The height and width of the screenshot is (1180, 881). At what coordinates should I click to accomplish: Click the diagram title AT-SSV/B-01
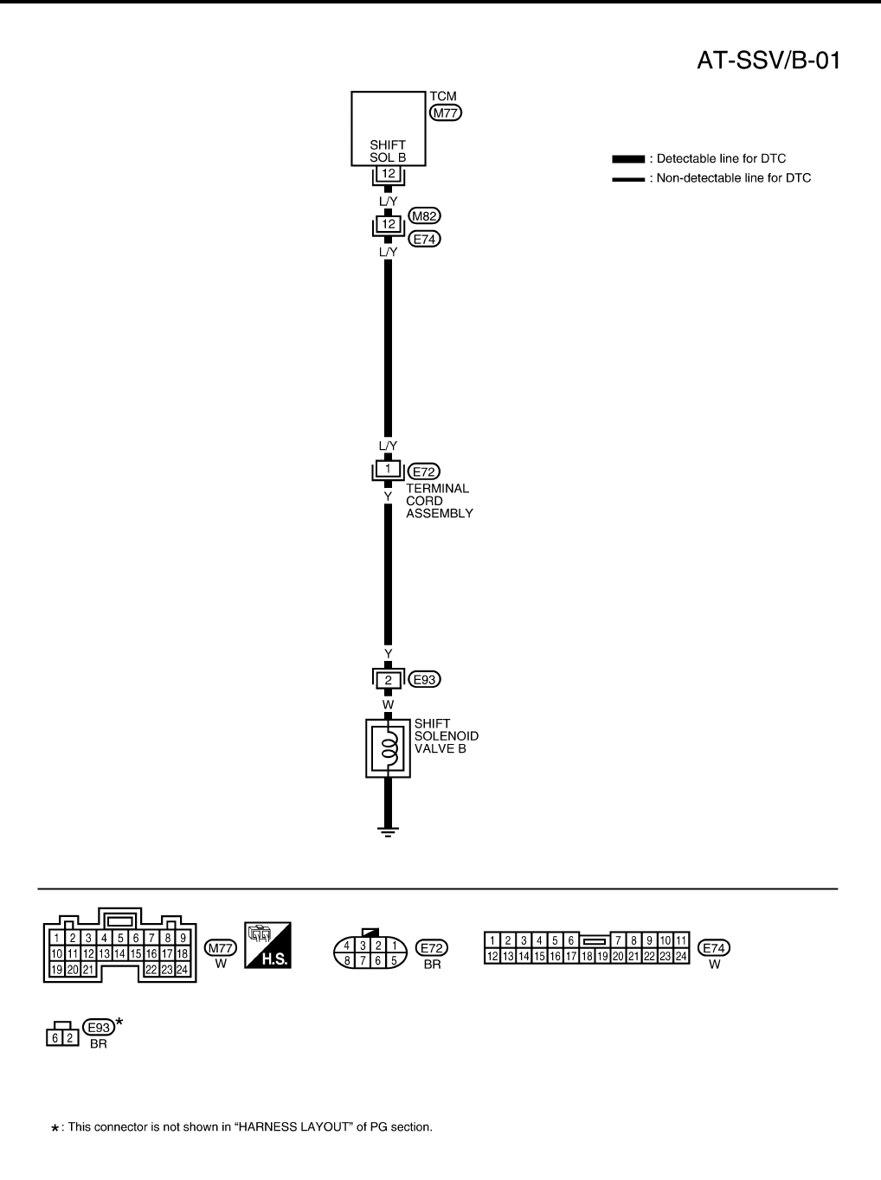coord(768,61)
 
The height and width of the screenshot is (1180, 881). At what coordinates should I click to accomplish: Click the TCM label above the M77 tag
coord(442,96)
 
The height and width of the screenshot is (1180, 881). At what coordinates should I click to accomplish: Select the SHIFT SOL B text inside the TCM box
coord(388,151)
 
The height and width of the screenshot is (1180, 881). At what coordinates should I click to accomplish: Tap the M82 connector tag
coord(424,216)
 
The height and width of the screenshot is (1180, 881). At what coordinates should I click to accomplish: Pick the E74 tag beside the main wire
coord(424,239)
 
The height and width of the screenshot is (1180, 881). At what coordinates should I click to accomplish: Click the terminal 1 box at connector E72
coord(388,470)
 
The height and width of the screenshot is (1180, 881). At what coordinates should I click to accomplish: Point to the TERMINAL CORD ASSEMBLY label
coord(440,501)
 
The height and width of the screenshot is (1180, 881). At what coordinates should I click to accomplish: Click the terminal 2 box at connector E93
coord(388,680)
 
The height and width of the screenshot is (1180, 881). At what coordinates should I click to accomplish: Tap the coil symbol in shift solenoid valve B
coord(390,747)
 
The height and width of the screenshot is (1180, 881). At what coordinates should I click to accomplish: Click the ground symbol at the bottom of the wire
coord(388,831)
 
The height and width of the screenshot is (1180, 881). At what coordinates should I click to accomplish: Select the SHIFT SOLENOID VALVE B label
coord(446,736)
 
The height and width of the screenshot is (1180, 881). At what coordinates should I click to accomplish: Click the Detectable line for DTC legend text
coord(721,159)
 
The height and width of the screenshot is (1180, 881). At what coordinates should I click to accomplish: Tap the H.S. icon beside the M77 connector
coord(268,945)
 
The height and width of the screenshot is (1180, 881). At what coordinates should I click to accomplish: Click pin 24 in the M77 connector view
coord(182,970)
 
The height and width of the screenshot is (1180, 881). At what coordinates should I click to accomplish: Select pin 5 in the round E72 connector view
coord(394,960)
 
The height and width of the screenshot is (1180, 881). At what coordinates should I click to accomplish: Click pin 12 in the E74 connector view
coord(492,956)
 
